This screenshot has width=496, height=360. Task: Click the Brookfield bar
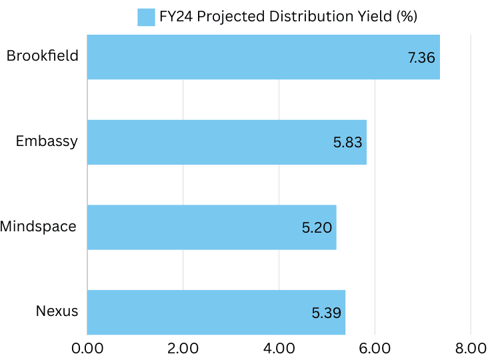263,57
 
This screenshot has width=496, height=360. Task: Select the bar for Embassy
227,142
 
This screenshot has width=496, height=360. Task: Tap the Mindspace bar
211,227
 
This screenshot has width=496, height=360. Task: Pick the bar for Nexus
216,312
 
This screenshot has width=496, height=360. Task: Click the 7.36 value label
421,57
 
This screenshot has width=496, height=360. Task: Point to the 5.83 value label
347,142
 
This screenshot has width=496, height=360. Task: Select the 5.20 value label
317,227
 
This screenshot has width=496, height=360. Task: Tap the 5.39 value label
327,312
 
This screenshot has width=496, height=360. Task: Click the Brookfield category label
42,56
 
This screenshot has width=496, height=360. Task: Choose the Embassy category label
47,141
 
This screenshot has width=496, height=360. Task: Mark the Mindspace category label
38,227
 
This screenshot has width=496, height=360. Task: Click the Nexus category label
57,311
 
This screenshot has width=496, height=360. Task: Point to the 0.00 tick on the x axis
87,348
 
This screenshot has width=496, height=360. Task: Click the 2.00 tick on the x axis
183,348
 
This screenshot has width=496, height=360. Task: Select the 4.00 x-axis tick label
279,348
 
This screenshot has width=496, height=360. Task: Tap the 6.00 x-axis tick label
375,348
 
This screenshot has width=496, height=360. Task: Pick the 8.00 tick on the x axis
471,348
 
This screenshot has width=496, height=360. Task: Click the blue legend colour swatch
146,17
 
